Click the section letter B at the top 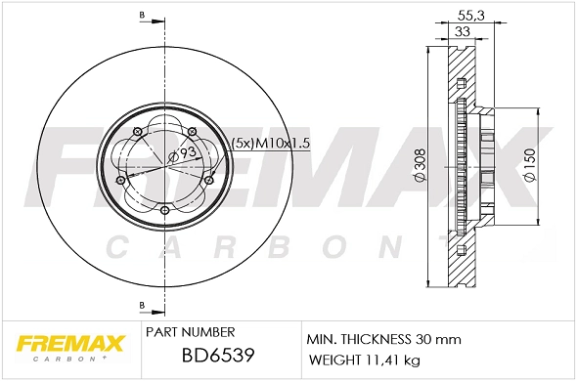pos(142,17)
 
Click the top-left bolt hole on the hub pos(138,131)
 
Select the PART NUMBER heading pos(189,333)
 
